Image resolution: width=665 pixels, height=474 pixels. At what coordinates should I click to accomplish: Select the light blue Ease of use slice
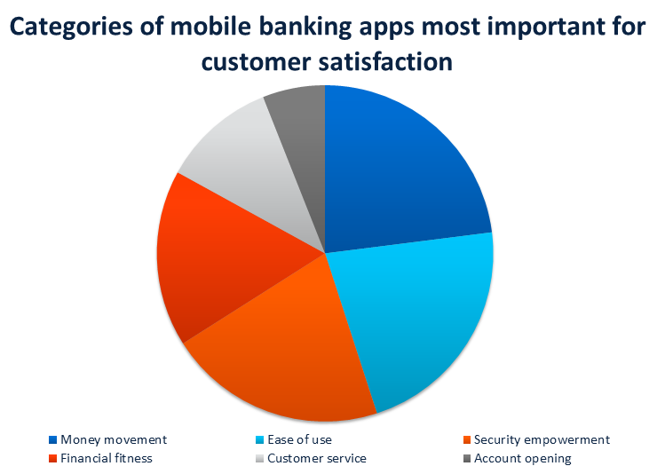tap(416, 313)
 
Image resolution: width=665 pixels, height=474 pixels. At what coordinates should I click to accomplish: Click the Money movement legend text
tap(114, 439)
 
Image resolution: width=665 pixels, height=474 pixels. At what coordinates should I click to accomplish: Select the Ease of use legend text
tap(299, 439)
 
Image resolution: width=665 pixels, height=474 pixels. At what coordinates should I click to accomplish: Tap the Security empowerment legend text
tap(542, 440)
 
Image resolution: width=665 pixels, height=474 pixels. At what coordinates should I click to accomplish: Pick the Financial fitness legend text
tap(106, 458)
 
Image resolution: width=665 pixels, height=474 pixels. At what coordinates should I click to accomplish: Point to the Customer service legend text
tap(317, 458)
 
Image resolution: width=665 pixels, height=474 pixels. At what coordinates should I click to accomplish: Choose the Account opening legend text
tap(522, 459)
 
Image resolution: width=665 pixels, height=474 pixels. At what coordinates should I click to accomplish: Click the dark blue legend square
tap(52, 439)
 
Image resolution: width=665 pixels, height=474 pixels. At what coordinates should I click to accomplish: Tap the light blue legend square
tap(259, 439)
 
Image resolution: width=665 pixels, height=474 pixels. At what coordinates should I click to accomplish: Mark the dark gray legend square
tap(466, 458)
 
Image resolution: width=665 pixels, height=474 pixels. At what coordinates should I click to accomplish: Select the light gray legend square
tap(259, 458)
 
